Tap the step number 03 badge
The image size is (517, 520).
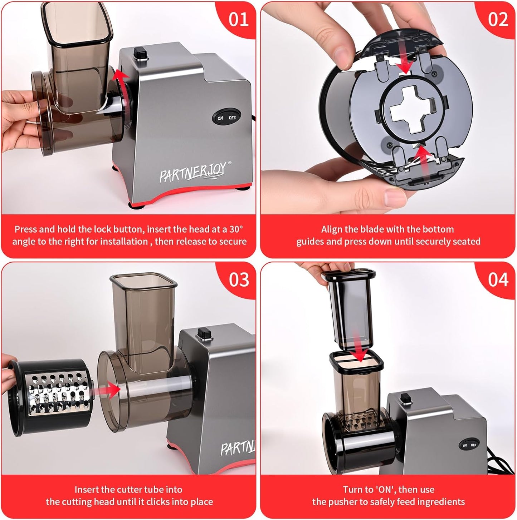pyautogui.click(x=238, y=280)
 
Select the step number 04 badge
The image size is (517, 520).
pyautogui.click(x=498, y=280)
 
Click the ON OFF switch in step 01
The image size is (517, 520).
pyautogui.click(x=226, y=118)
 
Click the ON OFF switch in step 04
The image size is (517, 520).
pyautogui.click(x=469, y=445)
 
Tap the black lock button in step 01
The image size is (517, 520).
pyautogui.click(x=141, y=53)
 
